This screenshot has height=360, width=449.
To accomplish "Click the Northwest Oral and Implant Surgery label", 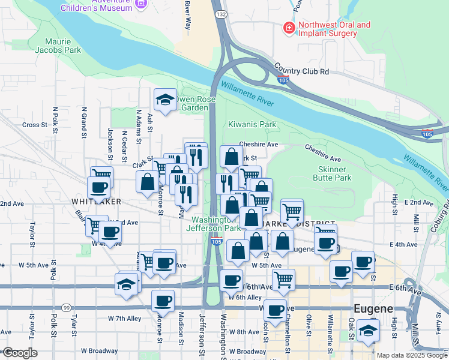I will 334,29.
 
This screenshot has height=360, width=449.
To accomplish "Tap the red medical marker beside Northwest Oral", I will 289,28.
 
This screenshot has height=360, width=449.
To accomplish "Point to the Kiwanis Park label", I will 252,125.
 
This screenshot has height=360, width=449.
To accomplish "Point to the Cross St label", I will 34,125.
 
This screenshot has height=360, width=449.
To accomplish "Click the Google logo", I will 20,353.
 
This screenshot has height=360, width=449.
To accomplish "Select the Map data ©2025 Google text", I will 411,355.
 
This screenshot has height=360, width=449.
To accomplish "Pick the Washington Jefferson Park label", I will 213,223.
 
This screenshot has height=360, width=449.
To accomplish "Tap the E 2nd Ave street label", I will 418,203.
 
